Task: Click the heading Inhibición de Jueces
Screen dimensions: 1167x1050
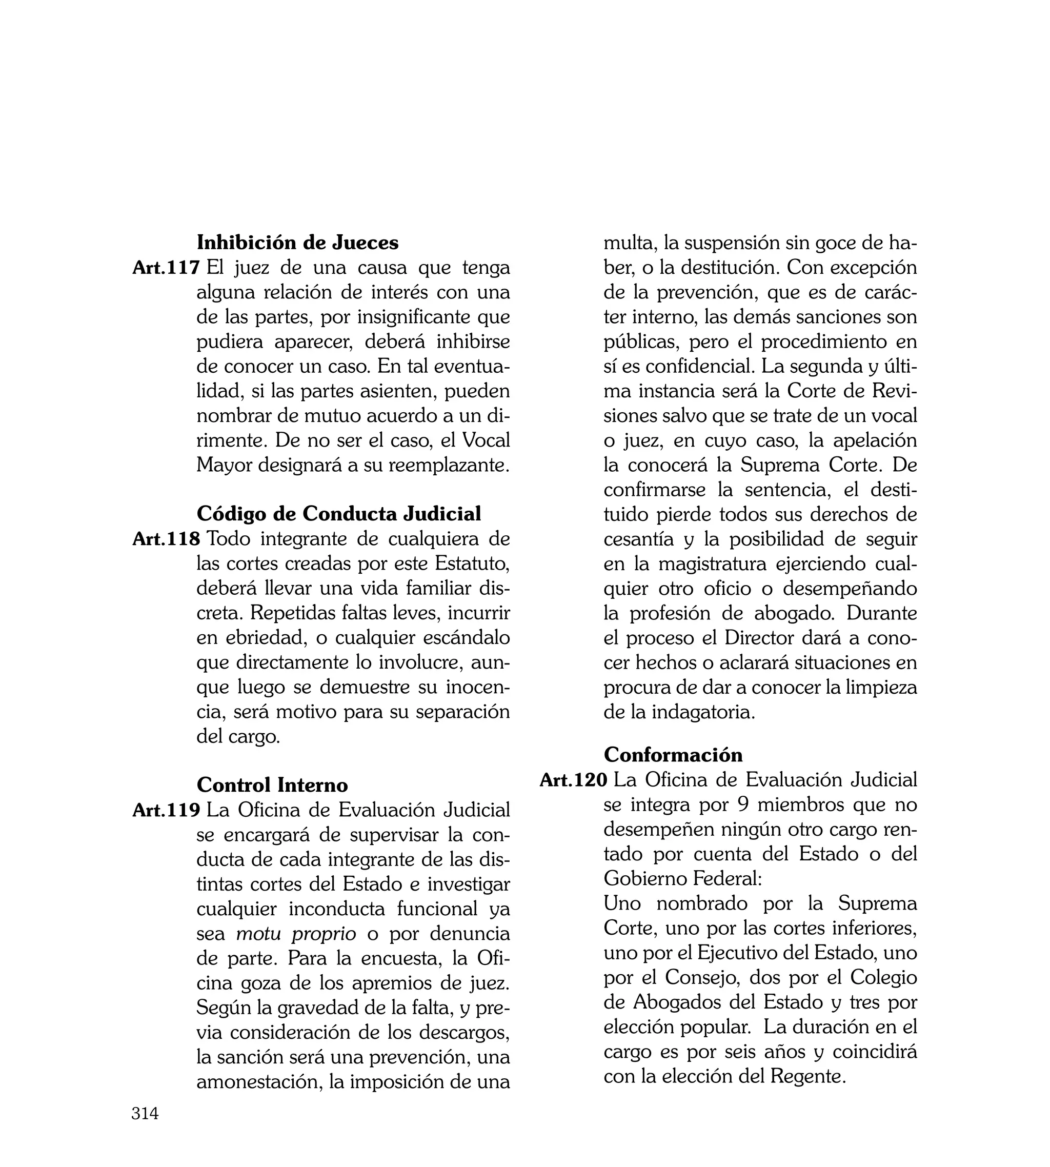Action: point(297,243)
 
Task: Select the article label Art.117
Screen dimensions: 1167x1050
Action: point(166,268)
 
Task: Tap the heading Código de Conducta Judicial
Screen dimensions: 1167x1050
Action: point(339,513)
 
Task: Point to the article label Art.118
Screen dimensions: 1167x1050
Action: point(166,539)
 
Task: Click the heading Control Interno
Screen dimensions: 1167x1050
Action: point(272,784)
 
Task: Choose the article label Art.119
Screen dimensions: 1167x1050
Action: point(166,810)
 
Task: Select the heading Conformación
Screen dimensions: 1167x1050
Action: point(673,755)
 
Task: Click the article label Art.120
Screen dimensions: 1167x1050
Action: point(573,780)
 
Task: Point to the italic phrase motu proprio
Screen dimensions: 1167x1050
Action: point(296,933)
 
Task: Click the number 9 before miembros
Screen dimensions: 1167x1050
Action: point(743,804)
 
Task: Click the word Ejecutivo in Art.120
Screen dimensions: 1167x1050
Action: point(737,952)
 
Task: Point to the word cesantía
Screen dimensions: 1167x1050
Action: point(638,539)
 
